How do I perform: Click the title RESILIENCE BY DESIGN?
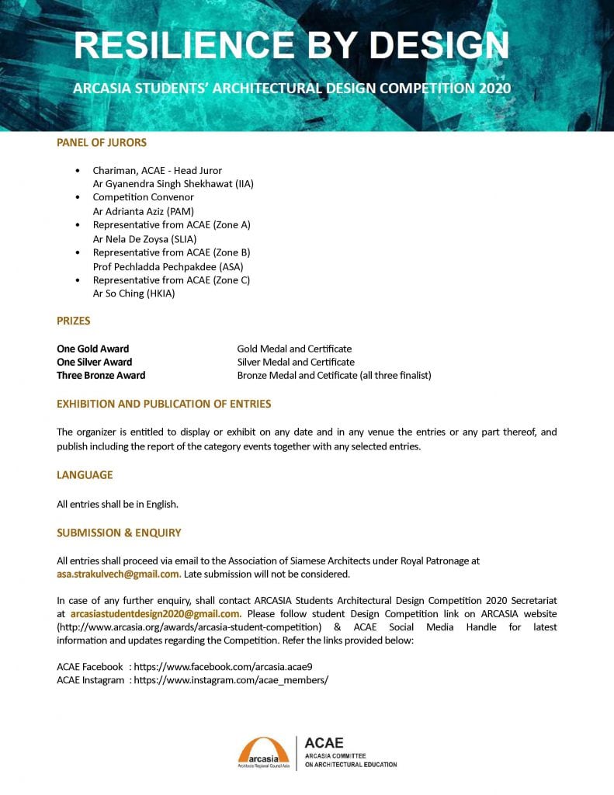(291, 46)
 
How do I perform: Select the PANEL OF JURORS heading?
(102, 143)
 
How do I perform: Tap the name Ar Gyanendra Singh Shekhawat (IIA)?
(173, 184)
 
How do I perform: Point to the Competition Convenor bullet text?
(143, 197)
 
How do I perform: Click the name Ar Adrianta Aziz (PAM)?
(143, 211)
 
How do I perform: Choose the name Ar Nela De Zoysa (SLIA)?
(144, 239)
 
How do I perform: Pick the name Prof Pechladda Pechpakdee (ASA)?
(168, 266)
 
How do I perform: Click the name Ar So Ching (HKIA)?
(134, 294)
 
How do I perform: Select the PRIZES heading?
(74, 321)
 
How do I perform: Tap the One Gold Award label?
(93, 349)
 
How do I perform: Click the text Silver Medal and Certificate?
(296, 362)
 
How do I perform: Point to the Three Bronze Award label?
(101, 375)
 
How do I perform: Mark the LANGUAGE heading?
(85, 475)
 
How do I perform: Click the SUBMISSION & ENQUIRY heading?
(119, 533)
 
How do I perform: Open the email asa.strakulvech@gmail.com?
(118, 575)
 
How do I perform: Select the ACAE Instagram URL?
(231, 680)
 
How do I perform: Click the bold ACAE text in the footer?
(324, 743)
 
